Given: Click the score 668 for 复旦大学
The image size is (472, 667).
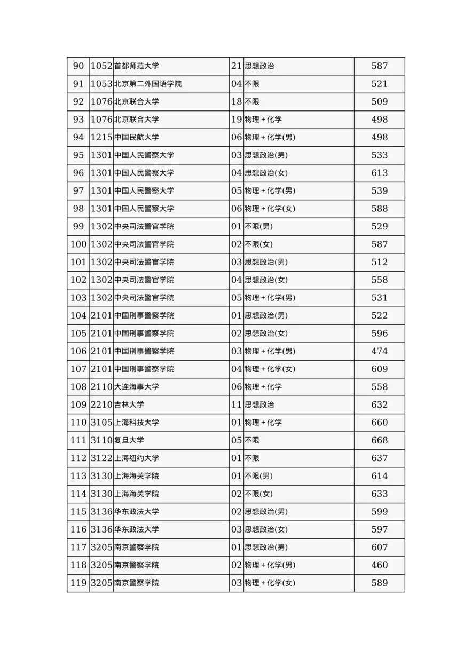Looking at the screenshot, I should click(379, 440).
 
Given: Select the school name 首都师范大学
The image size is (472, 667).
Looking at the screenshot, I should click(137, 66).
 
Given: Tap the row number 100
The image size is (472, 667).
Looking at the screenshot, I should click(78, 244).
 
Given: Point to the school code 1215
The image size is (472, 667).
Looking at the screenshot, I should click(101, 137).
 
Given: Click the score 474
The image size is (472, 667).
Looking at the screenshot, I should click(379, 351).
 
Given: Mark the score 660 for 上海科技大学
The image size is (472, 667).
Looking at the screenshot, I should click(379, 423).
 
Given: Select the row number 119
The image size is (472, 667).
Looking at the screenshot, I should click(78, 583).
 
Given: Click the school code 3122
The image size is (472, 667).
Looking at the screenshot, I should click(101, 458).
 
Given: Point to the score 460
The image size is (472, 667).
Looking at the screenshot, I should click(379, 565).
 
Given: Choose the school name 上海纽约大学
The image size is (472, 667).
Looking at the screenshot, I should click(137, 458).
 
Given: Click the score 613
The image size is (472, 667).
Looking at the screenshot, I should click(379, 173).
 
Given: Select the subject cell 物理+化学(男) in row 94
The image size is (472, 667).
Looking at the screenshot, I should click(270, 137).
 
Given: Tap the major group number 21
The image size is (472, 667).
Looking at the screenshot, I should click(237, 66).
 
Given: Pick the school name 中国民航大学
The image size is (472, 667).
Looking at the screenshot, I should click(137, 137).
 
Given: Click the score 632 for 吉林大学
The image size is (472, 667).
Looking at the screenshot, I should click(379, 404).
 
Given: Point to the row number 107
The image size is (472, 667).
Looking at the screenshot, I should click(78, 369).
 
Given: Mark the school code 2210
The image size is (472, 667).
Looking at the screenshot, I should click(101, 404).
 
